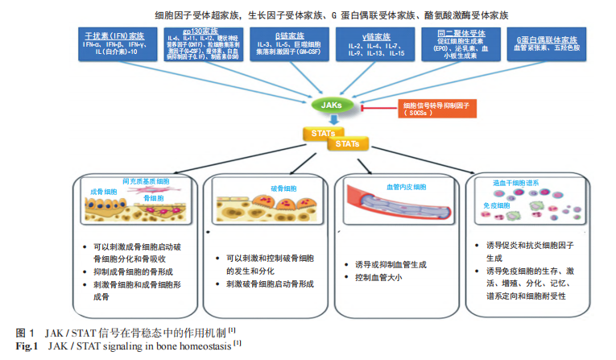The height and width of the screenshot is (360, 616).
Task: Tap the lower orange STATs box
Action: (349, 144)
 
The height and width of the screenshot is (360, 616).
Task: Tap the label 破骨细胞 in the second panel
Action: (271, 187)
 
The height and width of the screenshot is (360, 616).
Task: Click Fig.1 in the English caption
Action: (28, 346)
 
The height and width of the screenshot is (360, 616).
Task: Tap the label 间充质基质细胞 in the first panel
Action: (145, 181)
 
